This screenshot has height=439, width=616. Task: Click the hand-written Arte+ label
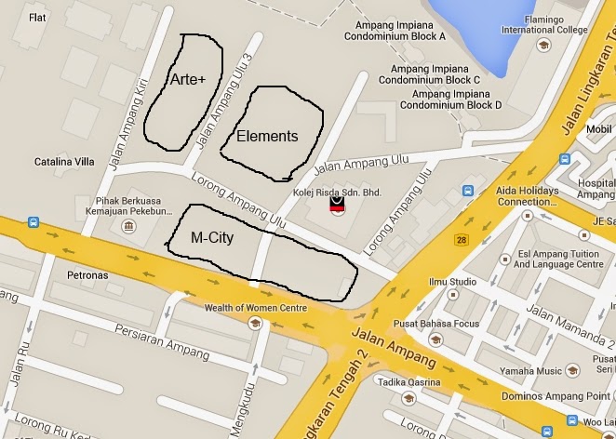[x=187, y=81]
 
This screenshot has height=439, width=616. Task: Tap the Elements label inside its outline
[x=267, y=137]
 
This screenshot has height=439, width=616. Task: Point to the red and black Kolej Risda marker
[x=338, y=206]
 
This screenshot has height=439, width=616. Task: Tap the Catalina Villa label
[x=64, y=162]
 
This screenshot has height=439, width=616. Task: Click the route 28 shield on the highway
[x=461, y=241]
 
